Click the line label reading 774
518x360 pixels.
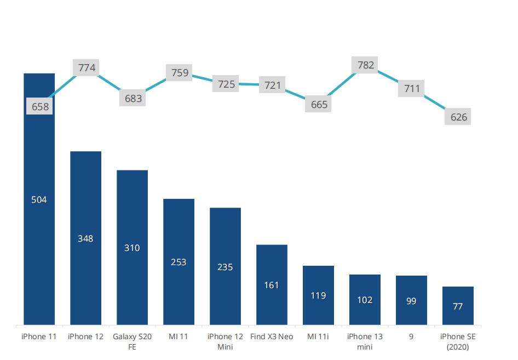87,68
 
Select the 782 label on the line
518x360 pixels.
366,65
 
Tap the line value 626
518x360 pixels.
458,117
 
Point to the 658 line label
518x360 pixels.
40,107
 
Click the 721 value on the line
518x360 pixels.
272,85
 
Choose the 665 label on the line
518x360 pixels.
319,104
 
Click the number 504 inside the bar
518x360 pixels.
39,200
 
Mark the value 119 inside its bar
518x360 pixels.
318,295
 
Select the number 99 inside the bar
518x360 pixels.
411,301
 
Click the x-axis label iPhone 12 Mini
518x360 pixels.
225,341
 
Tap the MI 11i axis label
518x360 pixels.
318,336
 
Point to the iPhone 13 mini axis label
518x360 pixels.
365,341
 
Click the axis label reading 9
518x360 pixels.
411,336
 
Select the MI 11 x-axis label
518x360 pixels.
179,336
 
